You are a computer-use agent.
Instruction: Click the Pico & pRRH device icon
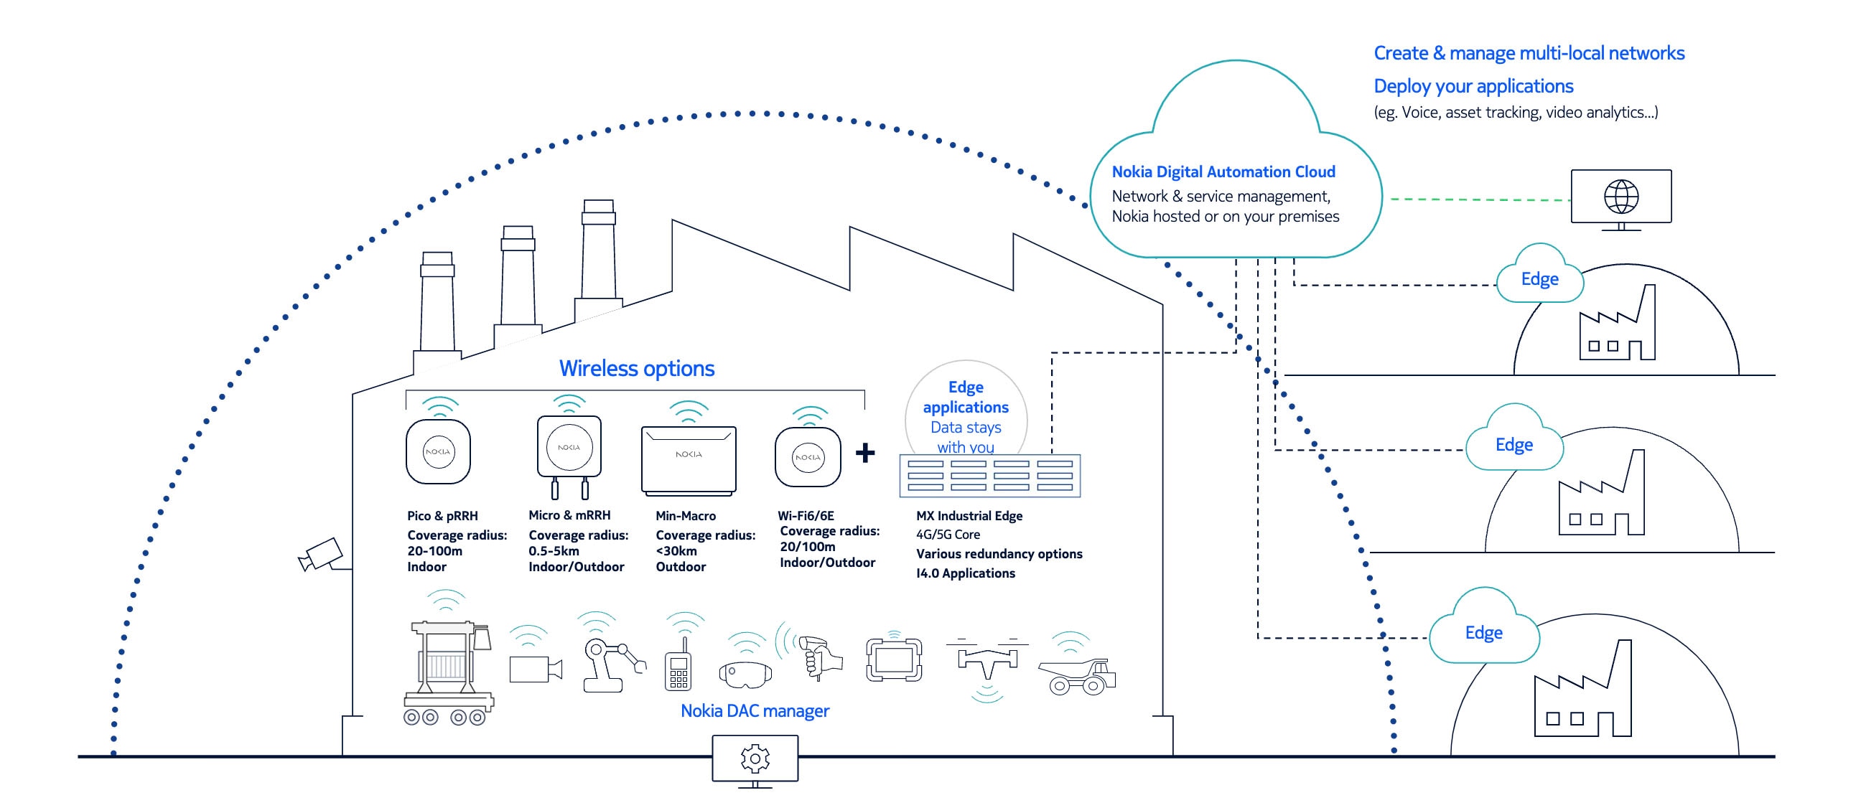pyautogui.click(x=438, y=451)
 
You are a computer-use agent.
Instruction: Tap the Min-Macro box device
pyautogui.click(x=689, y=459)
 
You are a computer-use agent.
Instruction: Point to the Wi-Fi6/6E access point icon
pyautogui.click(x=808, y=457)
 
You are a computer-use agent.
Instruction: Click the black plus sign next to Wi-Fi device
pyautogui.click(x=864, y=453)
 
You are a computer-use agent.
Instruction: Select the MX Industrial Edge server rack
pyautogui.click(x=989, y=476)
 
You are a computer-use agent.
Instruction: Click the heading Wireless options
pyautogui.click(x=636, y=368)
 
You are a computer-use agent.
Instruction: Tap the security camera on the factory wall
pyautogui.click(x=322, y=555)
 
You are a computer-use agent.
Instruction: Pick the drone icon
pyautogui.click(x=987, y=659)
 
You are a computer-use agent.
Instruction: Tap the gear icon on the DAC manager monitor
pyautogui.click(x=755, y=758)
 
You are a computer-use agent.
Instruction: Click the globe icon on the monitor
pyautogui.click(x=1620, y=197)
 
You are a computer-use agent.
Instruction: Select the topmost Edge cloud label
pyautogui.click(x=1539, y=278)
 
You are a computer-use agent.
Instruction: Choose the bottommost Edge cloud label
pyautogui.click(x=1483, y=632)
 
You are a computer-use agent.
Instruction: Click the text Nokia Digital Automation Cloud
pyautogui.click(x=1223, y=172)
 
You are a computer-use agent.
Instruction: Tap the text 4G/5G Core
pyautogui.click(x=948, y=535)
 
